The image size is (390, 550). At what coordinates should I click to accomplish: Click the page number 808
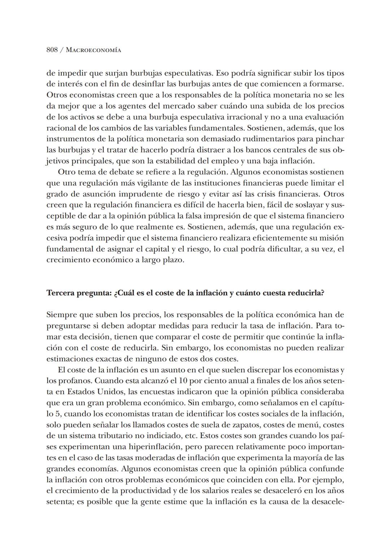pos(52,50)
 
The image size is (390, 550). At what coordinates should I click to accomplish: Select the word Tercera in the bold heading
pos(60,293)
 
